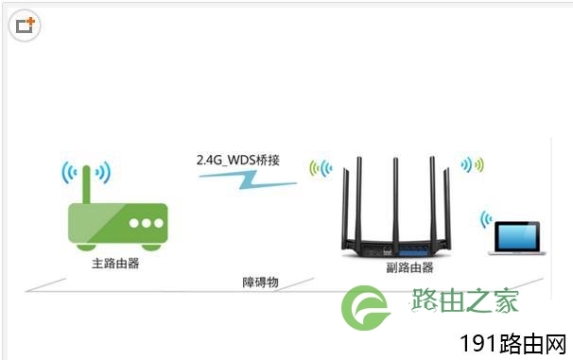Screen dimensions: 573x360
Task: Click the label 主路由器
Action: tap(115, 264)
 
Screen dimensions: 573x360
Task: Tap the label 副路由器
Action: tap(409, 267)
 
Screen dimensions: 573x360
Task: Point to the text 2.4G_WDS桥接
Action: tap(238, 160)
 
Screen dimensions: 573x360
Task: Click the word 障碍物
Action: tap(261, 282)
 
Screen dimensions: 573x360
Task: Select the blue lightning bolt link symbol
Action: tap(248, 180)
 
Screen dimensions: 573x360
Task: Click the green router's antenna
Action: tap(87, 184)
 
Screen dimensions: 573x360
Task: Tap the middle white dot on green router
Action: tap(147, 223)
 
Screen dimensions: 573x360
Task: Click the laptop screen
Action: tap(516, 236)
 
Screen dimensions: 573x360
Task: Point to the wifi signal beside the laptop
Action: tap(486, 219)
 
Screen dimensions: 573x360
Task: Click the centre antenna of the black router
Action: tap(395, 202)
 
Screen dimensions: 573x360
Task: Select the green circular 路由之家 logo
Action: tap(365, 308)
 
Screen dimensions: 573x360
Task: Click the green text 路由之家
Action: tap(464, 300)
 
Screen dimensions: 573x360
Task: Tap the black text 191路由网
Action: tap(513, 344)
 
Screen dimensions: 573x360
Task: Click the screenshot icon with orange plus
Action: tap(25, 26)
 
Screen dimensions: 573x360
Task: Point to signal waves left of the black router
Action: tap(321, 168)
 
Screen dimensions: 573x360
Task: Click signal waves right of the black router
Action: tap(473, 164)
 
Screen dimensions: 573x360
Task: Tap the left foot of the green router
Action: tap(86, 248)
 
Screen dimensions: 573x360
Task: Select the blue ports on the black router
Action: tap(413, 251)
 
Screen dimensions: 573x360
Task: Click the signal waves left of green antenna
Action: tap(69, 172)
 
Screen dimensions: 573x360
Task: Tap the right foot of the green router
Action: tap(151, 248)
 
